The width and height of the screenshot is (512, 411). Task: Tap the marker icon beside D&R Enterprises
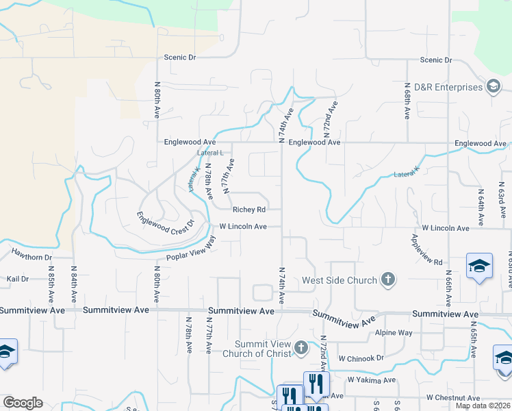(x=493, y=86)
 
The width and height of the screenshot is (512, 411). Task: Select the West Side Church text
(x=340, y=280)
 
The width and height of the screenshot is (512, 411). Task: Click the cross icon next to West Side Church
(x=388, y=279)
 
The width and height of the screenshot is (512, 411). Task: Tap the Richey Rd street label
(x=248, y=210)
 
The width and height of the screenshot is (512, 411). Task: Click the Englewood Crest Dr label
(x=166, y=221)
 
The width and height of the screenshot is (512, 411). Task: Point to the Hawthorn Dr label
(x=31, y=257)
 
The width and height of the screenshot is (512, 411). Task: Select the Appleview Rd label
(x=427, y=249)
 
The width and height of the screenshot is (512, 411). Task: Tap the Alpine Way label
(x=394, y=332)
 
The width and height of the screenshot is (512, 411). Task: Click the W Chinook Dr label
(x=361, y=358)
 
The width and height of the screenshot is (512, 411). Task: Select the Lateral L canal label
(x=211, y=153)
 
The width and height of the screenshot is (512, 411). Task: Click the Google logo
(x=23, y=403)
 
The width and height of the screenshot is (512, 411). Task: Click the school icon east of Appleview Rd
(x=479, y=266)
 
